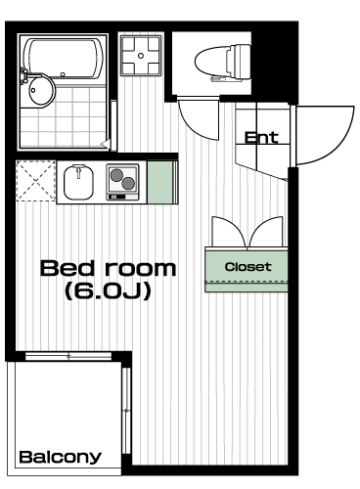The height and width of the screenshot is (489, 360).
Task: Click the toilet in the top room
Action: pyautogui.click(x=223, y=63)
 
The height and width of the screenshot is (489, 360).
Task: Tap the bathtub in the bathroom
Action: pyautogui.click(x=65, y=59)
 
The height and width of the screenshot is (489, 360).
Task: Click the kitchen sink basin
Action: pyautogui.click(x=78, y=182)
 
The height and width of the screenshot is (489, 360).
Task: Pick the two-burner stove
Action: pyautogui.click(x=122, y=182)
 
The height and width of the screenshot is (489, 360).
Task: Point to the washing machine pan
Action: pyautogui.click(x=141, y=56)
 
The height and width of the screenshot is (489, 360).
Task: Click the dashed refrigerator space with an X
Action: pyautogui.click(x=35, y=181)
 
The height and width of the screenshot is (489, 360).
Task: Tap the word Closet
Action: pyautogui.click(x=247, y=267)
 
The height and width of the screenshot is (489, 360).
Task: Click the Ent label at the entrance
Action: pyautogui.click(x=261, y=138)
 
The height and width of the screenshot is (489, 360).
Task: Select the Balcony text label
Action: pyautogui.click(x=61, y=458)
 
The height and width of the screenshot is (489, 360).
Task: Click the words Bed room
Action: pyautogui.click(x=108, y=268)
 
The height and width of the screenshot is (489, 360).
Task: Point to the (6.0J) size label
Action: pyautogui.click(x=108, y=290)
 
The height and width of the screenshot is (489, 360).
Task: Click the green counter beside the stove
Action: pyautogui.click(x=159, y=182)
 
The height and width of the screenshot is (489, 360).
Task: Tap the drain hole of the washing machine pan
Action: pyautogui.click(x=141, y=56)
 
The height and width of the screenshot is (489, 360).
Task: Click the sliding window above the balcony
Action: pyautogui.click(x=68, y=356)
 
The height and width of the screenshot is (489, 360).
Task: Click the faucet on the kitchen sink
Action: pyautogui.click(x=78, y=171)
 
